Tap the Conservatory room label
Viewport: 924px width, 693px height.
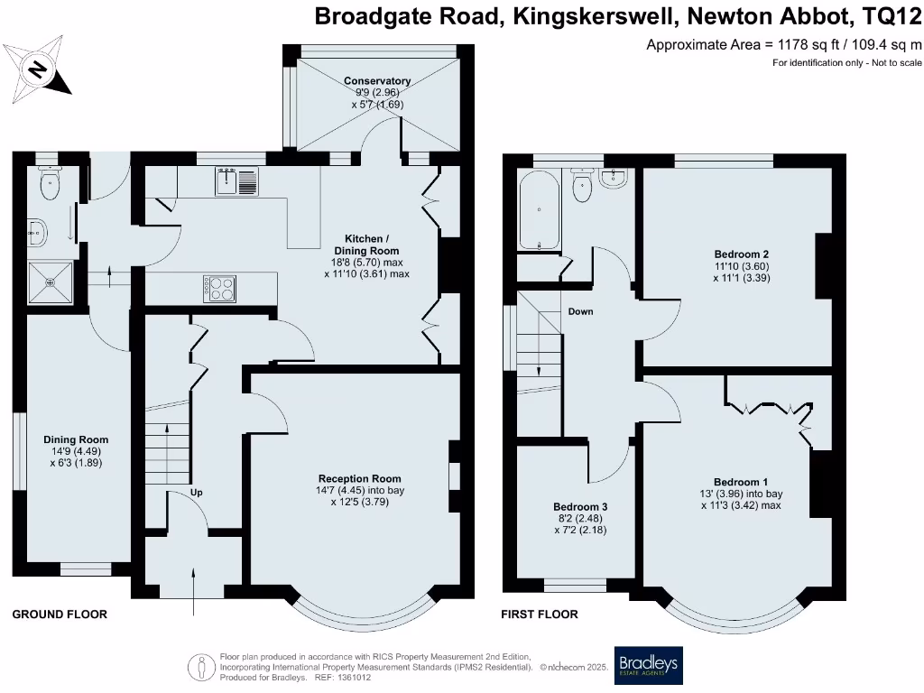coord(377,81)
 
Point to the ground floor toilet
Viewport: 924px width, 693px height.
coord(50,186)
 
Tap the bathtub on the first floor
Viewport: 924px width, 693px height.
coord(538,213)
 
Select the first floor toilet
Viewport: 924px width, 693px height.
coord(582,188)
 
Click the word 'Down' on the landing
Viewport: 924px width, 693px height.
coord(580,311)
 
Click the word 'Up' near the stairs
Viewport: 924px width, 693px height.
coord(196,493)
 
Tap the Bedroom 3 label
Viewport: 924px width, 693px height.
coord(579,507)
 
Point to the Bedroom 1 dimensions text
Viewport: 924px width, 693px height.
coord(741,500)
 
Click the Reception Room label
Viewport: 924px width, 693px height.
coord(359,478)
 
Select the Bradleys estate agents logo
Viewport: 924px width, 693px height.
coord(648,666)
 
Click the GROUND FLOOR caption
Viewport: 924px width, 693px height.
coord(60,614)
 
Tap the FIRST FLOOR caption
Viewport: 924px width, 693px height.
coord(540,614)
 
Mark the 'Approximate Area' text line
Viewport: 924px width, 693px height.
coord(784,44)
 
